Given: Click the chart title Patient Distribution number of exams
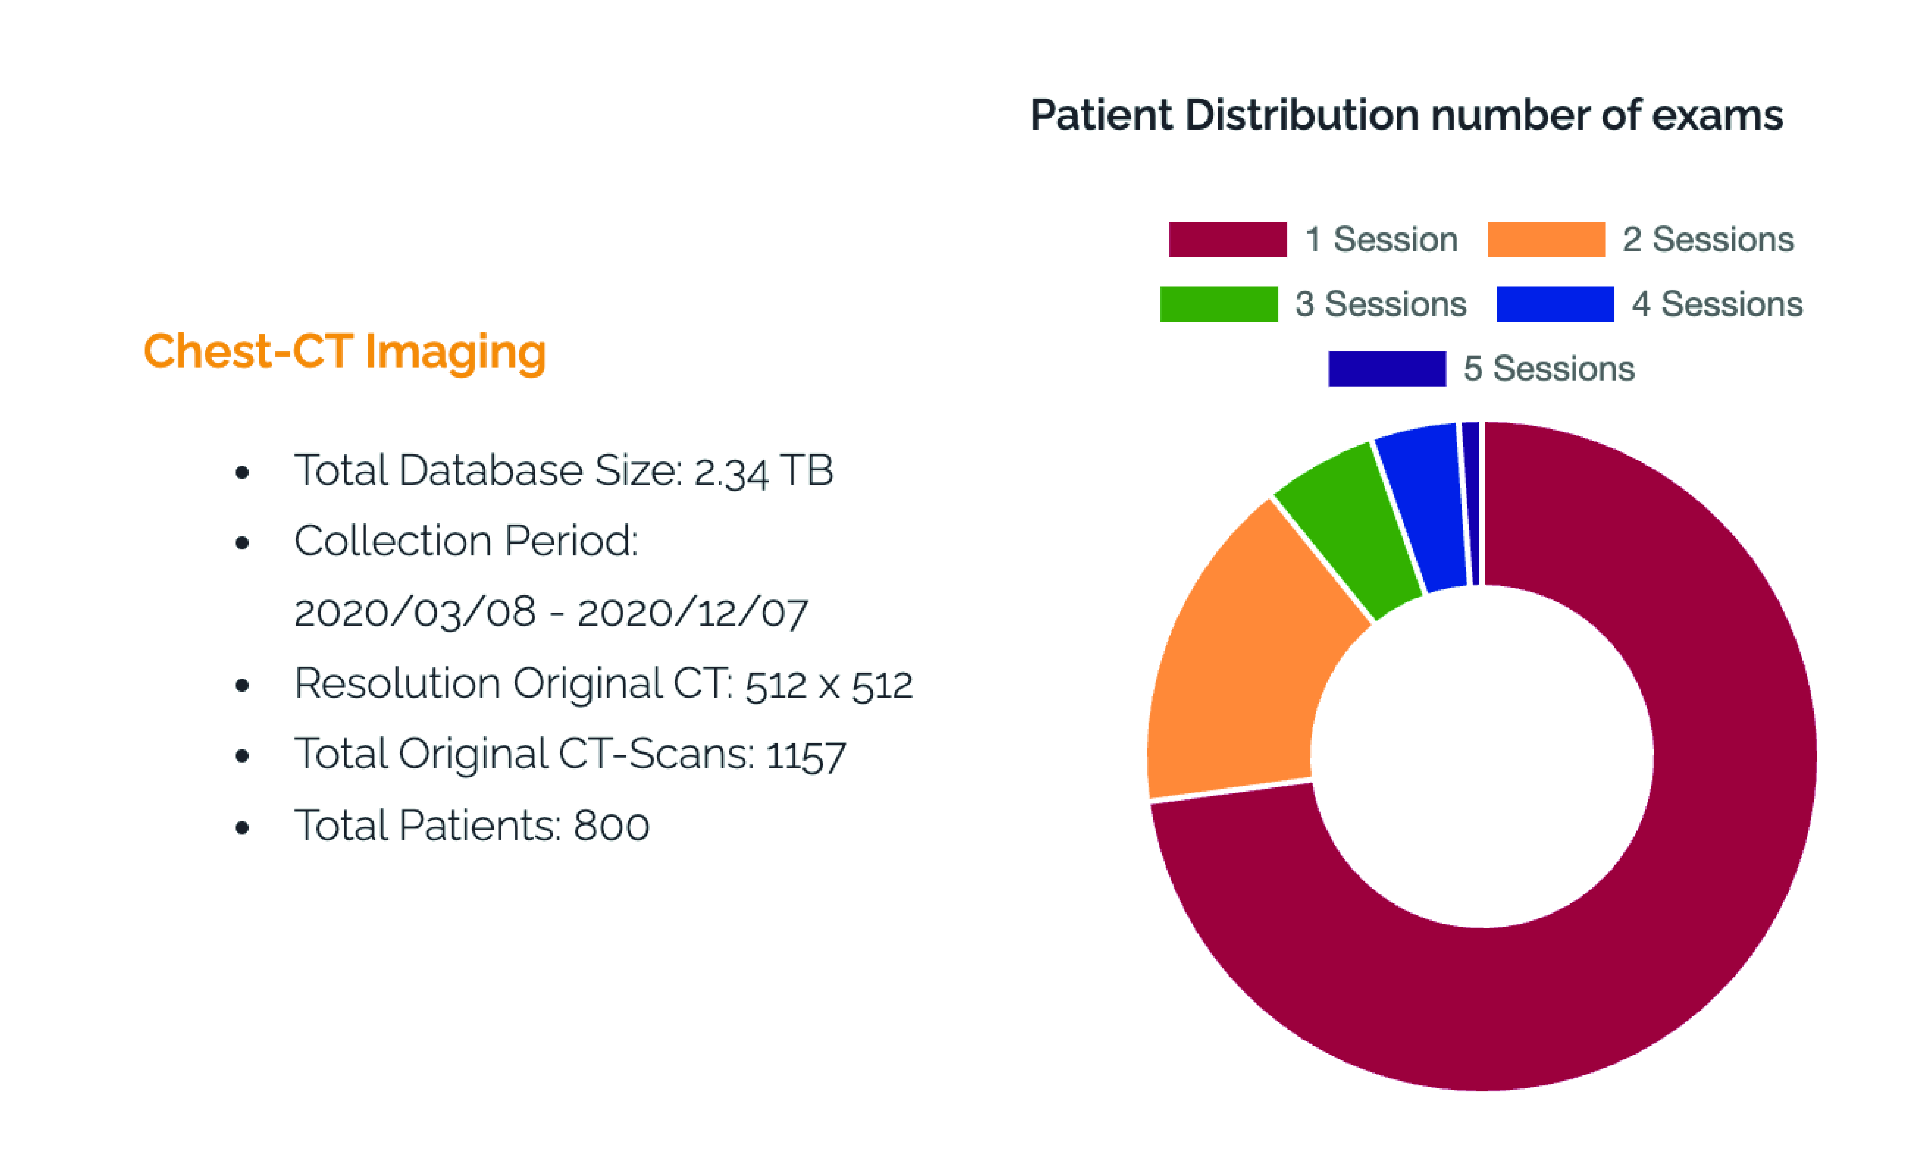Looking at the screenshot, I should (x=1406, y=116).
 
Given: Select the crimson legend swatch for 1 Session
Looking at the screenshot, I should (x=1227, y=239).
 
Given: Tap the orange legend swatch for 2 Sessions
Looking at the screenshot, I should (x=1546, y=239).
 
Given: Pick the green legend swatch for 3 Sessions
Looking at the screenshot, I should (x=1218, y=304).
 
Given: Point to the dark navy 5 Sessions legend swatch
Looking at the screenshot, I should (x=1387, y=369).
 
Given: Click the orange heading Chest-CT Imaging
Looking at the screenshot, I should (x=345, y=352).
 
